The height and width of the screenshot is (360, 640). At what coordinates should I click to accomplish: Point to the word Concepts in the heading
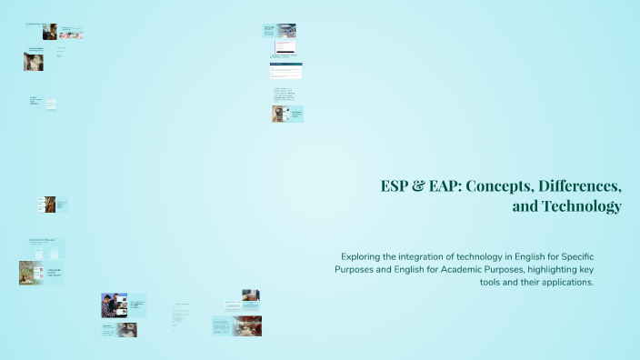tap(503, 186)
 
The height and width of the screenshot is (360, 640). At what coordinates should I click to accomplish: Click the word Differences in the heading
tap(580, 186)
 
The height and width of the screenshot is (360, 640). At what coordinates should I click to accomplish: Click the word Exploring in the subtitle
tap(365, 257)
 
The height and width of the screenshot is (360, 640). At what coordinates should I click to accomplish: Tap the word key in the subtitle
tap(607, 270)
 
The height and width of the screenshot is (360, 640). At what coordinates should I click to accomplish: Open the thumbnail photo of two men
tap(114, 305)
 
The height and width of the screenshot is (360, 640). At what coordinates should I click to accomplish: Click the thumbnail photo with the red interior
tap(245, 325)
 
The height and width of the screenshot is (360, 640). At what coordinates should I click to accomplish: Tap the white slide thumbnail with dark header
tap(285, 70)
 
